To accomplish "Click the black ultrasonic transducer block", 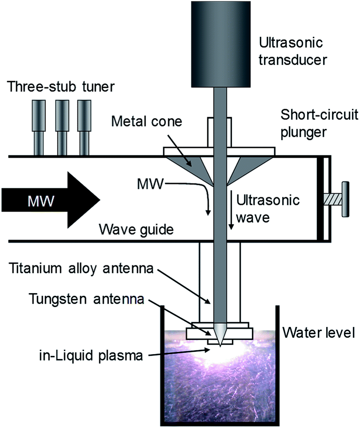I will (x=221, y=44).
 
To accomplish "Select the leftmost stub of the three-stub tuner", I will (x=39, y=127).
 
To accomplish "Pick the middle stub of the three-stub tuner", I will (x=61, y=127).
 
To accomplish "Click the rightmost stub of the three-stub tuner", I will (x=84, y=127).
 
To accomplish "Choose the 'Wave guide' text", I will (x=136, y=230).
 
